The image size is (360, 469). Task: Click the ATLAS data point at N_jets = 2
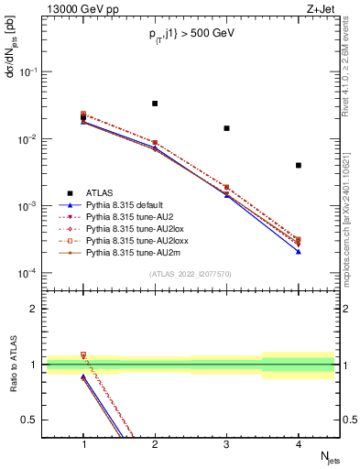pyautogui.click(x=155, y=104)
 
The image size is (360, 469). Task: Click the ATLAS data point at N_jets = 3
pyautogui.click(x=226, y=128)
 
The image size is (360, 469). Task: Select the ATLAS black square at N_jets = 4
pyautogui.click(x=299, y=165)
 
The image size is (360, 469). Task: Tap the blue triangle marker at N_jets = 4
pyautogui.click(x=299, y=251)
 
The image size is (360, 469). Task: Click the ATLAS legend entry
pyautogui.click(x=100, y=193)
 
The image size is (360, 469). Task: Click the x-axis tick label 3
pyautogui.click(x=226, y=443)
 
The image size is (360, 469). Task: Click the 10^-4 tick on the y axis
pyautogui.click(x=28, y=273)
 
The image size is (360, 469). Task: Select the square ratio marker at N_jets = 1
pyautogui.click(x=83, y=354)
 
